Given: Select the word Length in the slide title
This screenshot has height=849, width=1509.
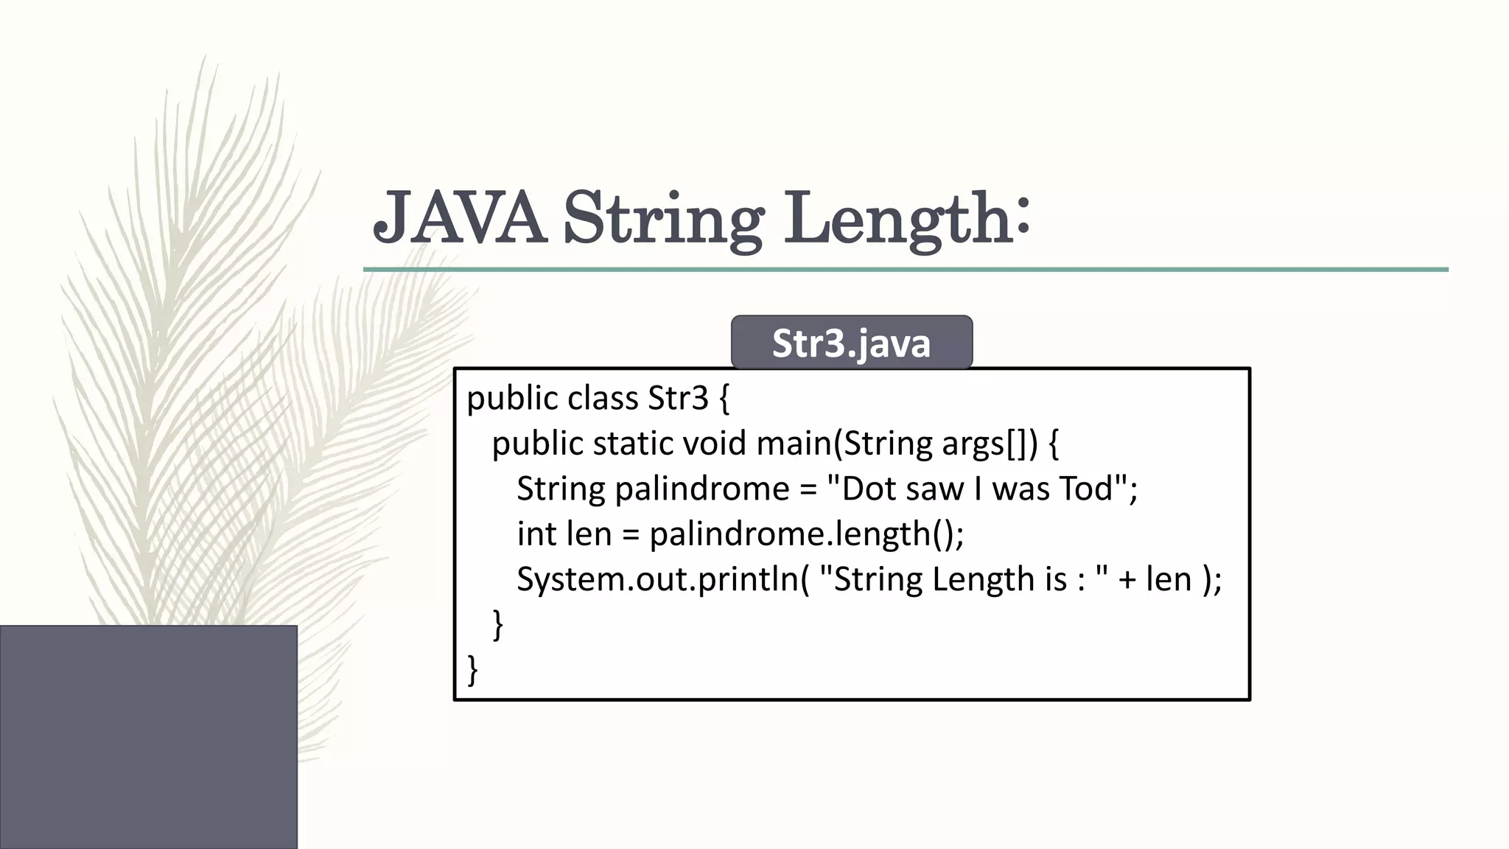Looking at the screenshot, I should click(896, 219).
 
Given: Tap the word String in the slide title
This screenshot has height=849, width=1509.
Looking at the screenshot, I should click(662, 219).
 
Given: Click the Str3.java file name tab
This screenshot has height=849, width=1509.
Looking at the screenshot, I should click(852, 343).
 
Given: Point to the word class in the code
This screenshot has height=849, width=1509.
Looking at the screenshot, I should click(603, 399).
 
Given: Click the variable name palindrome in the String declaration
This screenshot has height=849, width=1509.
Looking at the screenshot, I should click(701, 489).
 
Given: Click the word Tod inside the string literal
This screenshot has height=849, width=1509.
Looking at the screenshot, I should click(1085, 489).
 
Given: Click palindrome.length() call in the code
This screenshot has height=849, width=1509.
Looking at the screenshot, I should click(806, 534).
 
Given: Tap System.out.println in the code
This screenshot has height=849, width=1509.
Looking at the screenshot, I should click(657, 579).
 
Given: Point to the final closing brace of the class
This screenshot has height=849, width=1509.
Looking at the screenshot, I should click(473, 670).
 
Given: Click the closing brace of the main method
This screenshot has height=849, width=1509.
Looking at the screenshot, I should click(498, 625).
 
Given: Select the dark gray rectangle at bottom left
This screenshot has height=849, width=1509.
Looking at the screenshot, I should click(148, 736).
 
